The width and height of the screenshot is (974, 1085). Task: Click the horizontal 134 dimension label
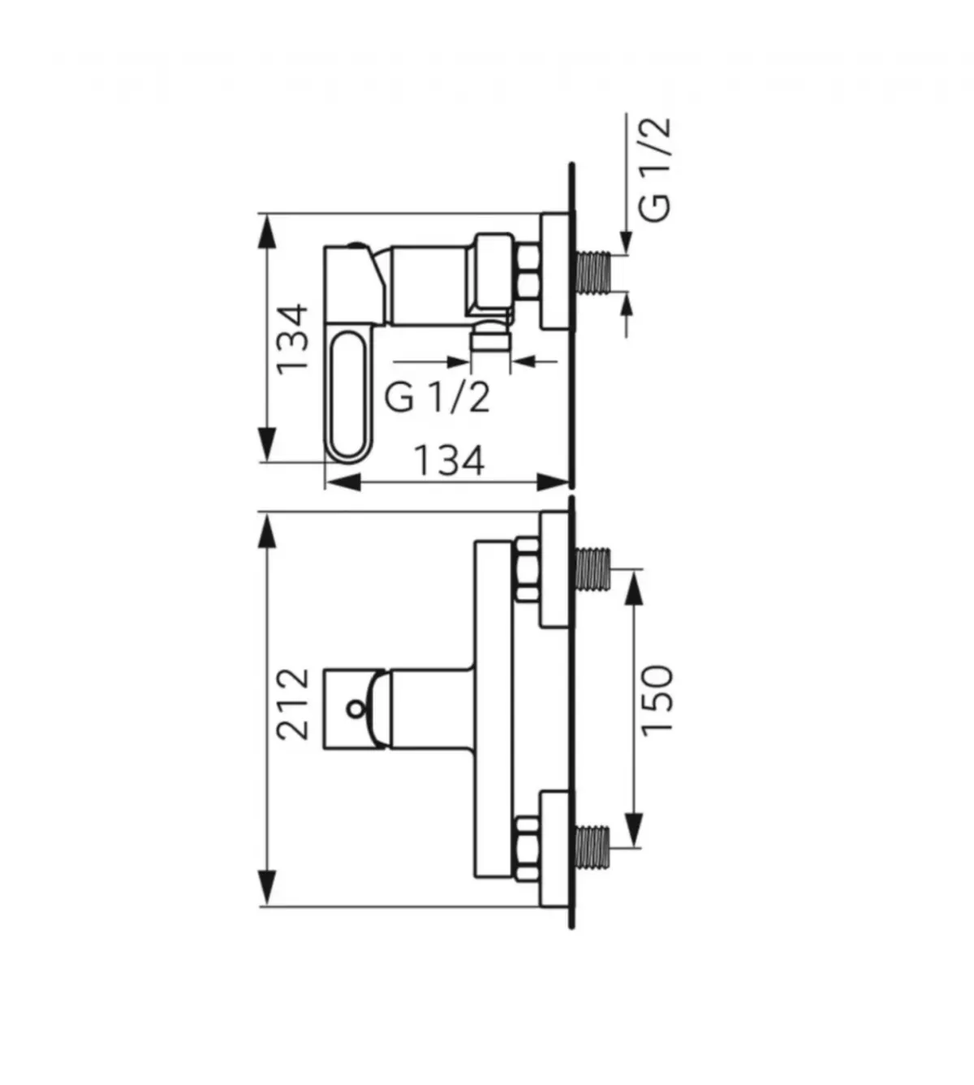pos(450,460)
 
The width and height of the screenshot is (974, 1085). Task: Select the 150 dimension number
pos(657,700)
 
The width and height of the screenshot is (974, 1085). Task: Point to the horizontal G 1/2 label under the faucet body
pos(437,398)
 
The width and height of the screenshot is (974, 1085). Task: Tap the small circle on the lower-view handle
pos(356,708)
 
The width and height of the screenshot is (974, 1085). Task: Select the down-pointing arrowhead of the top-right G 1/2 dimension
pos(625,242)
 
